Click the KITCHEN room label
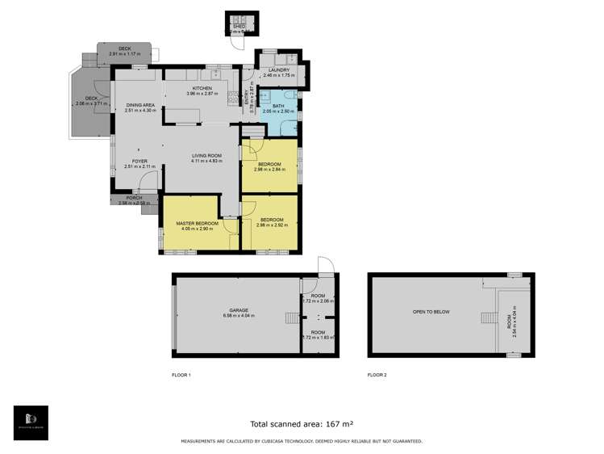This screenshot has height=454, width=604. tap(201, 88)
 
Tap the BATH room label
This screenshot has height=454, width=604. tap(277, 106)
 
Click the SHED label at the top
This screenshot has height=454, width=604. tap(239, 26)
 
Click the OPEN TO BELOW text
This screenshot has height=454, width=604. tap(431, 311)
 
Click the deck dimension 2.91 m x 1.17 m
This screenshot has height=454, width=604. tap(124, 54)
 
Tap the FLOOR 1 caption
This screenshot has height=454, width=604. tap(182, 375)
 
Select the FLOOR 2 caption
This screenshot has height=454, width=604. tap(377, 375)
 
